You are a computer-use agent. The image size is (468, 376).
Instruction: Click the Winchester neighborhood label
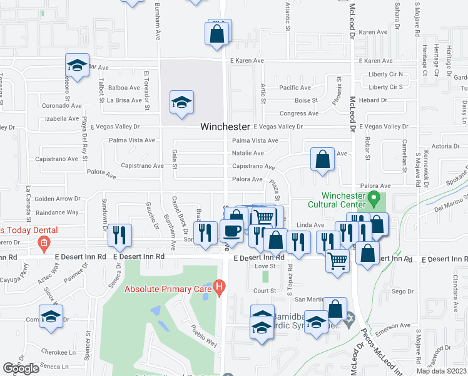225,127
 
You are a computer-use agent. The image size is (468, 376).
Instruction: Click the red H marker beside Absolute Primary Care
219,288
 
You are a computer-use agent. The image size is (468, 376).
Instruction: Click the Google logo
21,368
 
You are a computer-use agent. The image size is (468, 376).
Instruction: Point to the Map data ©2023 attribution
442,371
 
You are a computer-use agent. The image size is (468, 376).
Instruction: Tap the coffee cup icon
232,230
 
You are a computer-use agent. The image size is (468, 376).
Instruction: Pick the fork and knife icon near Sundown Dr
119,235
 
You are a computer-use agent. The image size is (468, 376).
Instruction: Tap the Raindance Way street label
57,212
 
